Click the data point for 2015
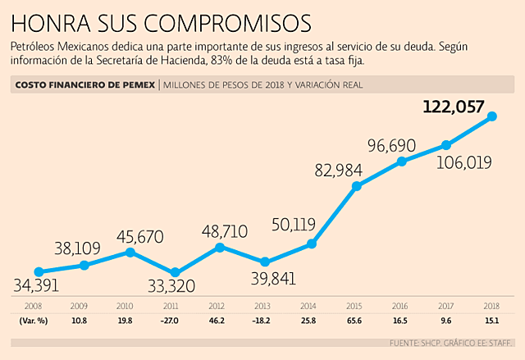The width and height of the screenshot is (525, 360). (357, 186)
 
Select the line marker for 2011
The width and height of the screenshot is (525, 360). (175, 272)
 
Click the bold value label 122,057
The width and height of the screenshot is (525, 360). (454, 106)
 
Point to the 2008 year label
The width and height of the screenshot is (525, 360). (34, 305)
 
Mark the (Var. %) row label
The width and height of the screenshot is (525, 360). (34, 321)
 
